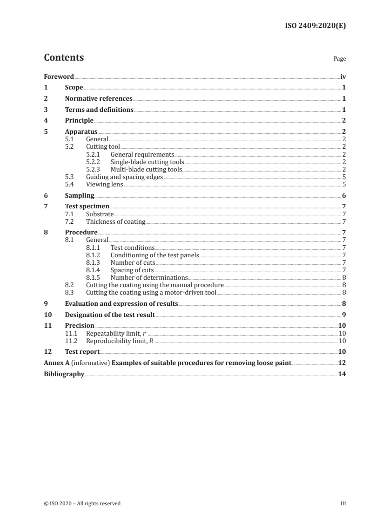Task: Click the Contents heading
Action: coord(64,58)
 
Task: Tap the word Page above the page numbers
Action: coord(340,59)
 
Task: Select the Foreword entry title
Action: coord(59,76)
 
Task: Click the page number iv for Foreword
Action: coord(343,76)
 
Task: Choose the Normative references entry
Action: coord(99,99)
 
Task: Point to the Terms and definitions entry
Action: coord(99,110)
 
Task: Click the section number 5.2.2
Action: coord(95,162)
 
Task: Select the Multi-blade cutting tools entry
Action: coord(146,169)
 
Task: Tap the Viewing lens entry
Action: coord(105,185)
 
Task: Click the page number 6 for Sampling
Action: coord(343,196)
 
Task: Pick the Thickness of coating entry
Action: coord(115,222)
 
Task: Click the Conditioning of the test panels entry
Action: coord(154,255)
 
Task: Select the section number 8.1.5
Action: coord(95,277)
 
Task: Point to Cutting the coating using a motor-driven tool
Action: coord(151,292)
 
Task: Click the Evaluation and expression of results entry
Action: coord(121,303)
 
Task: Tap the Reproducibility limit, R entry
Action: coord(120,341)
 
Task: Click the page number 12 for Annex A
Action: coord(342,363)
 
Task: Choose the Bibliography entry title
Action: coord(64,374)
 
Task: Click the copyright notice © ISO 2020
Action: coord(82,503)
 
